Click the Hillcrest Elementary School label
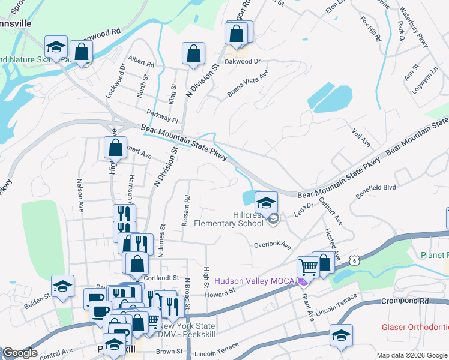click(x=229, y=219)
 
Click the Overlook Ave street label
click(x=272, y=245)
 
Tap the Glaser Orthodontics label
click(x=414, y=328)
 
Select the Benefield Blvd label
click(x=376, y=188)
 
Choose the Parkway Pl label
click(x=163, y=116)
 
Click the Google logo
click(x=20, y=353)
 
